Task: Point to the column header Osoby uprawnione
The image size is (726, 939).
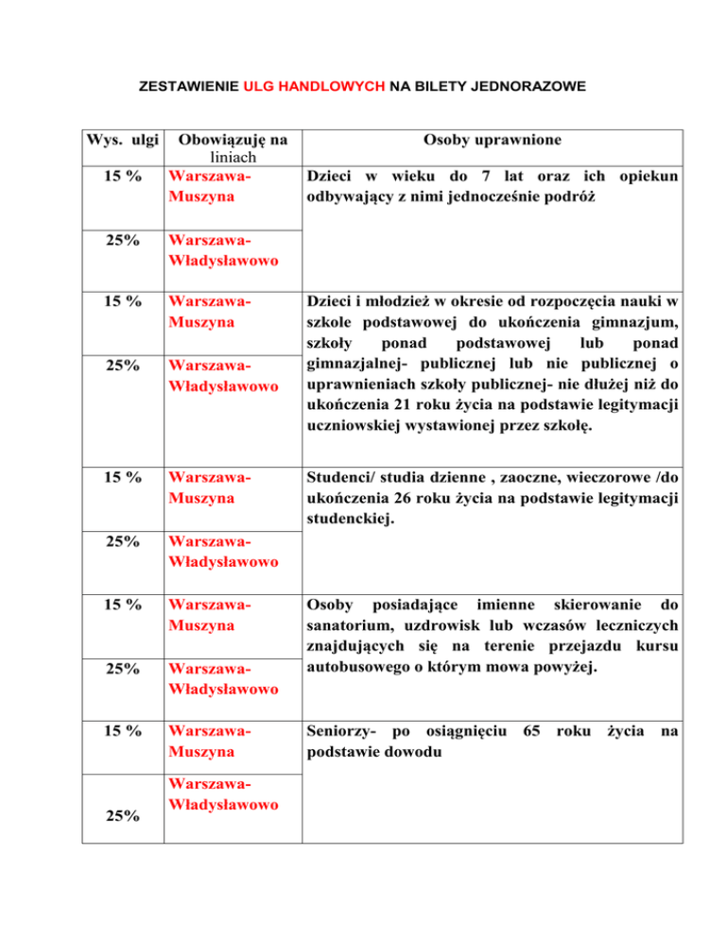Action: (492, 141)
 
